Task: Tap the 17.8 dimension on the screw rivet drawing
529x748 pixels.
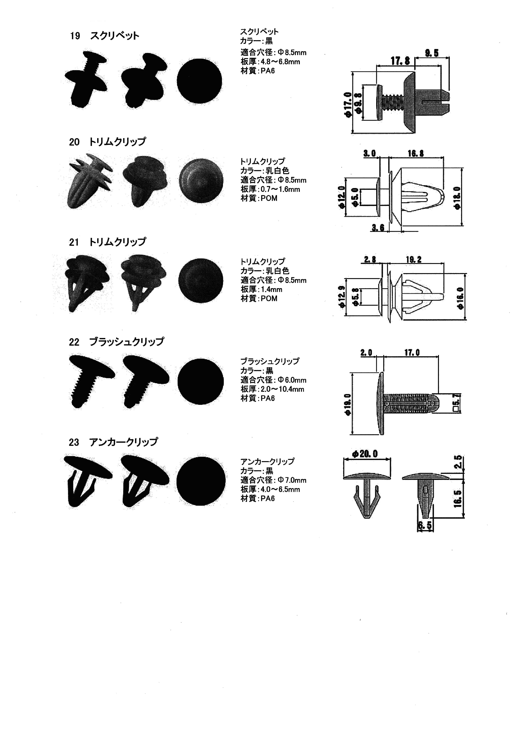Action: [x=400, y=61]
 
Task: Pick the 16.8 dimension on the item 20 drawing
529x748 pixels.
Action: [x=416, y=153]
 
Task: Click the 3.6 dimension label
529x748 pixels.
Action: [x=378, y=228]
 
